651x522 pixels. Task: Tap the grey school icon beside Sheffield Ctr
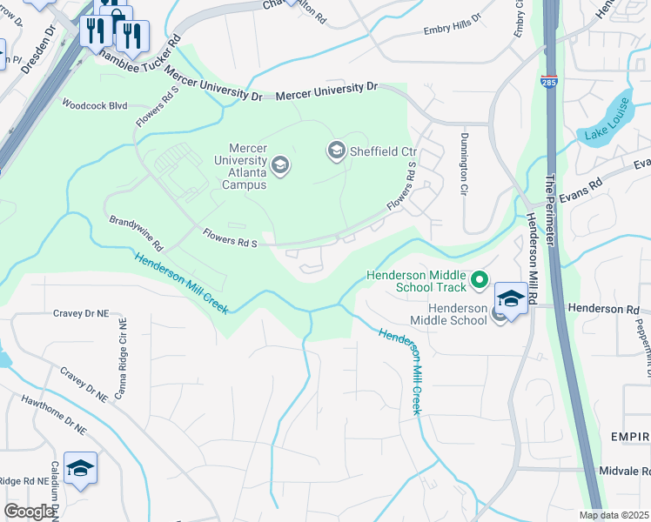[335, 151]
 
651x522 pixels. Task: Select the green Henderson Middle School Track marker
[478, 280]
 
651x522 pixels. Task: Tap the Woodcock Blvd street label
[94, 105]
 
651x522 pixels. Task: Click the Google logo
[30, 511]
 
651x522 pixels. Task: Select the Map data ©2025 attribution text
[614, 515]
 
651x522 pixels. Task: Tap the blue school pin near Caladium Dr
[80, 469]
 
